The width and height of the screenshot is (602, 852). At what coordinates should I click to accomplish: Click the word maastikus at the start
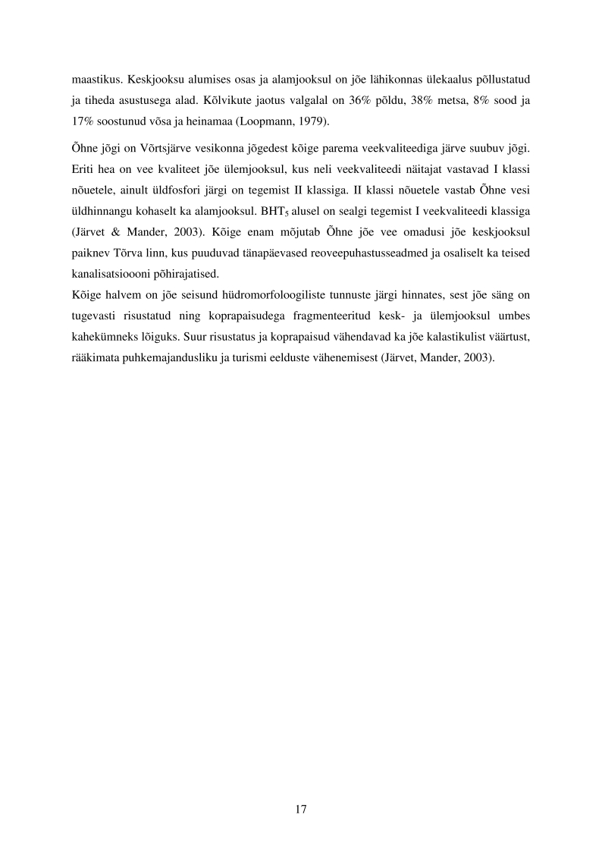click(97, 78)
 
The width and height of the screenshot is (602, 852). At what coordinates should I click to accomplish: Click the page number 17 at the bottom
click(300, 810)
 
